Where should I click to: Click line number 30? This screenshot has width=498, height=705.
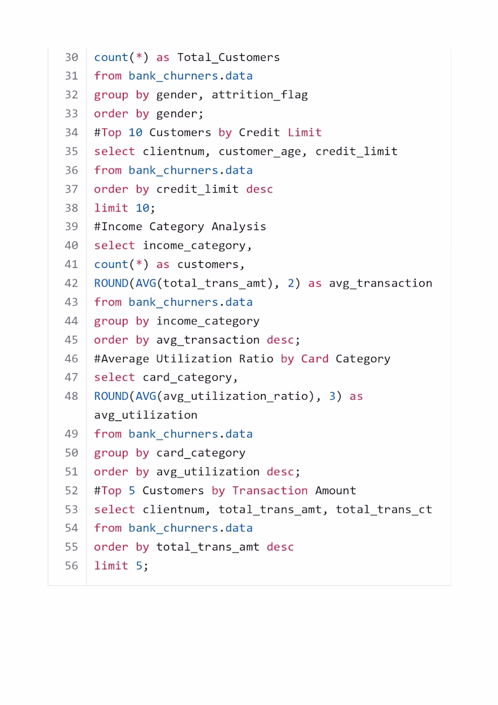72,57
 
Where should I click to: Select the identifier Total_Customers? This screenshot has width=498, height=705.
229,58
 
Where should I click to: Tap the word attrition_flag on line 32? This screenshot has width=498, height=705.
259,95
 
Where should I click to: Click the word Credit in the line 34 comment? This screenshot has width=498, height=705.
259,132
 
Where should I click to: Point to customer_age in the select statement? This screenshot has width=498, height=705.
259,152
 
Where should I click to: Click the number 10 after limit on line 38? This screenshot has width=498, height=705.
142,208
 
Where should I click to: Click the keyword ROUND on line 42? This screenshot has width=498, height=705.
111,283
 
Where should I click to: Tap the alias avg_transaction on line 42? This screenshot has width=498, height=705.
381,283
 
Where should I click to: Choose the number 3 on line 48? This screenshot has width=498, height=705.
332,396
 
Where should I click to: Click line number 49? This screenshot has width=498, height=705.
72,434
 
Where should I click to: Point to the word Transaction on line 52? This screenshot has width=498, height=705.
270,490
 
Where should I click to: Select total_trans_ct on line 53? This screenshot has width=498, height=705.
384,510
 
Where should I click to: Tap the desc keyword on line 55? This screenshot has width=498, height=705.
280,547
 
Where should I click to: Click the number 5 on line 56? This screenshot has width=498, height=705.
139,566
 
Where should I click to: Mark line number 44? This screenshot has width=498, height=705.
72,321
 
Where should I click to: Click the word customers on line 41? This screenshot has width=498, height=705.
208,264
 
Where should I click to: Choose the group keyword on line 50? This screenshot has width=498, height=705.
111,453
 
